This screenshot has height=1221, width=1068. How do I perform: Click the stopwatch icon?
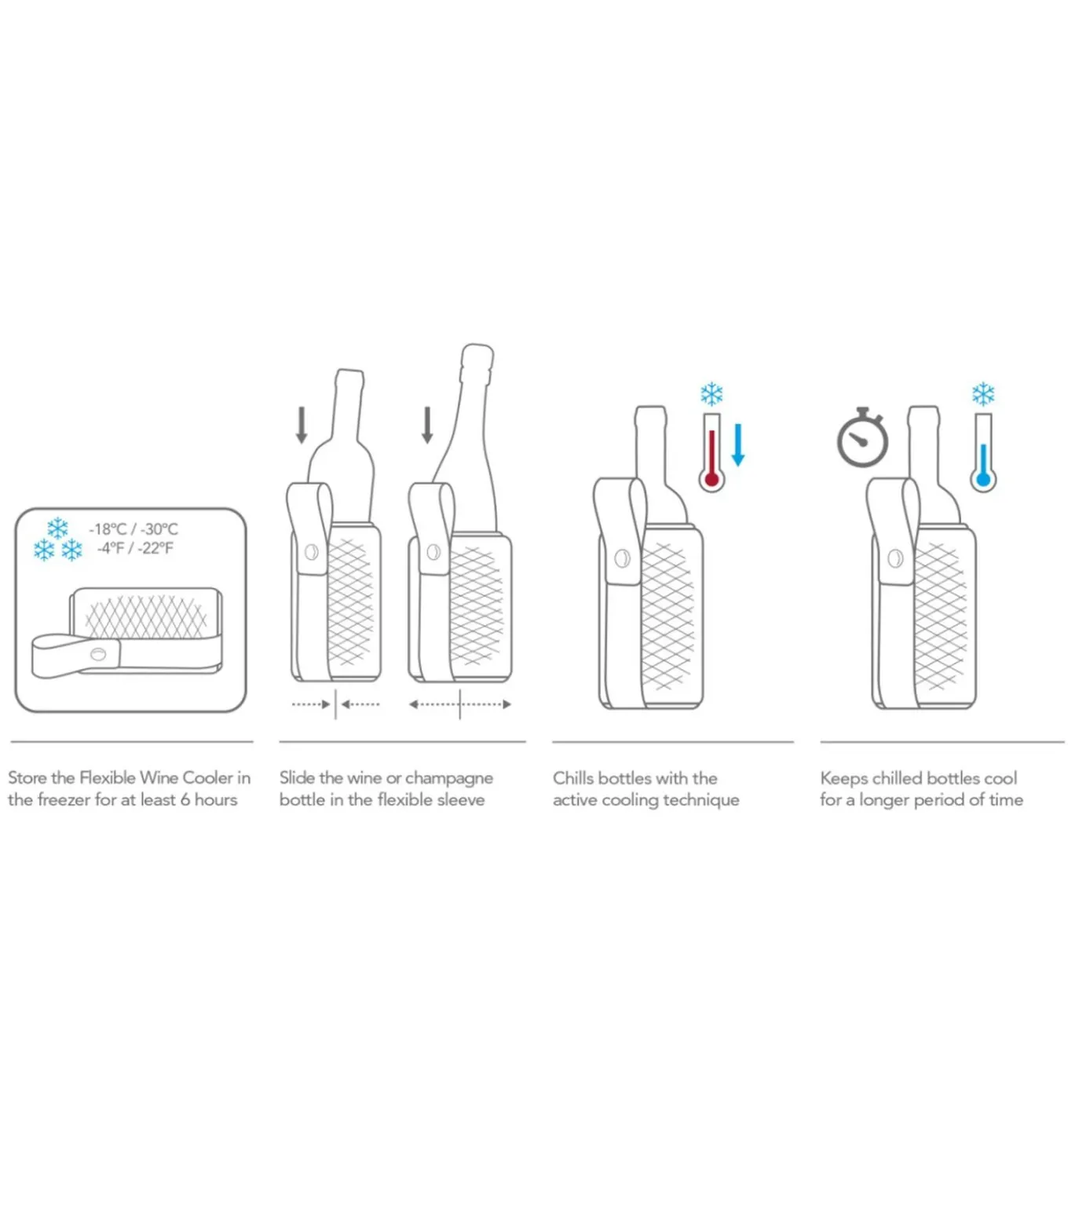pos(862,439)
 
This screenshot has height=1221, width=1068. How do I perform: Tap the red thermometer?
pos(711,455)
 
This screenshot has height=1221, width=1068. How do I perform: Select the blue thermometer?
pos(982,455)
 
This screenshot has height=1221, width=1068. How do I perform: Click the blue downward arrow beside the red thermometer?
pos(737,444)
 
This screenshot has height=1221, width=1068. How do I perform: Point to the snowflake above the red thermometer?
pos(711,394)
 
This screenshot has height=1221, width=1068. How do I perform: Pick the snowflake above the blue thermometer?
pos(982,394)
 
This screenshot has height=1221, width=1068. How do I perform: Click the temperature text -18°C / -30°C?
pos(133,529)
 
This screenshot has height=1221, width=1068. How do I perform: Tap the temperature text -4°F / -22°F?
pos(134,548)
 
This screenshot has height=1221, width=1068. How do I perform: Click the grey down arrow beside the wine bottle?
pos(302,425)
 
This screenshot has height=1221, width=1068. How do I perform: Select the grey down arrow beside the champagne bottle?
pos(427,425)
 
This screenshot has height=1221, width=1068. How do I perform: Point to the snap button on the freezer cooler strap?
pos(98,653)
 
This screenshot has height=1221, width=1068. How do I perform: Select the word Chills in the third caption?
pos(572,778)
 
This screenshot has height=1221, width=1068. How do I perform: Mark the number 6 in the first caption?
pos(185,800)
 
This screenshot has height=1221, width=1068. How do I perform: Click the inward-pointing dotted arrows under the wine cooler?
pos(335,704)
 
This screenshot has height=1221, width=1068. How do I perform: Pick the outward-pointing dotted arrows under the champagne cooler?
pos(460,704)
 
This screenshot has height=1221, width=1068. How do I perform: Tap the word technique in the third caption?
pos(701,800)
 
